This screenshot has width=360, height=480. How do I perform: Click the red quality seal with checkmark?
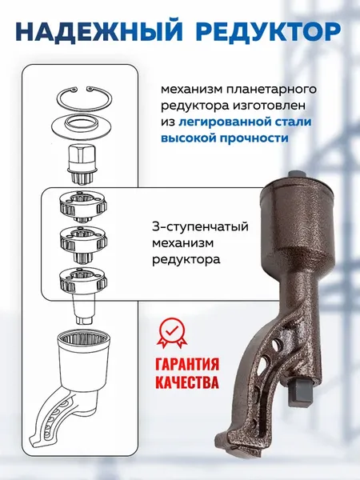tap(173, 332)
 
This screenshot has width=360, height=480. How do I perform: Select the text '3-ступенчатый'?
tap(199, 226)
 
